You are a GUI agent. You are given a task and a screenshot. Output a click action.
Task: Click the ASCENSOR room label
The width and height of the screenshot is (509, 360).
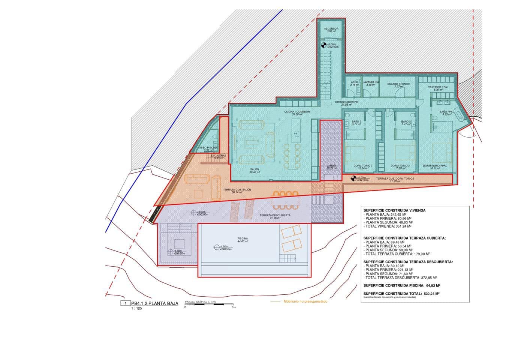tap(331, 29)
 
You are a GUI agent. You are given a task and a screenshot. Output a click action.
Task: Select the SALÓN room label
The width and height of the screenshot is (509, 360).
tap(254, 169)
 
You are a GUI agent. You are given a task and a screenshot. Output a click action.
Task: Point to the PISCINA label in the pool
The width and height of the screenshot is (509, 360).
tap(243, 239)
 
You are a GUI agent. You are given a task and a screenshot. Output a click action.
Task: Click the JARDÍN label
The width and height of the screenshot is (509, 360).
tap(331, 166)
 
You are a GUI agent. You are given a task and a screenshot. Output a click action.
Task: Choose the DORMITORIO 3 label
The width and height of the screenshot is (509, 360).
tap(363, 166)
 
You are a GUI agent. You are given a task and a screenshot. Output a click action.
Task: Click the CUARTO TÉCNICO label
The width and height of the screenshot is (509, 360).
tap(398, 84)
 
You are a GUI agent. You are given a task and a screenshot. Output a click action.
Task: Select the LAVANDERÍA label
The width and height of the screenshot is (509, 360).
tap(371, 82)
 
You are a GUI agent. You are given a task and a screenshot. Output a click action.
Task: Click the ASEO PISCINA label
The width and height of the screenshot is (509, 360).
tap(208, 148)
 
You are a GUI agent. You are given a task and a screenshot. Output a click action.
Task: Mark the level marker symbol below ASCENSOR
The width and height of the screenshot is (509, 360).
tap(324, 46)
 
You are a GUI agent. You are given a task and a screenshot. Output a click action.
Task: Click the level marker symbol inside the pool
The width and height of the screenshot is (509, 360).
tap(216, 247)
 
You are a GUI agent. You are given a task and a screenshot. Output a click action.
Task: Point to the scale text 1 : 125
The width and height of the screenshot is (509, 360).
tap(136, 309)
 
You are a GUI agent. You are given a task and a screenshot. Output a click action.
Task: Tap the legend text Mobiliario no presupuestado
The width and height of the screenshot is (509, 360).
tap(305, 301)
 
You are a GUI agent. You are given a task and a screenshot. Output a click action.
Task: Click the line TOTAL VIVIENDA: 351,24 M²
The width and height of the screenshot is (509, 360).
tap(388, 226)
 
